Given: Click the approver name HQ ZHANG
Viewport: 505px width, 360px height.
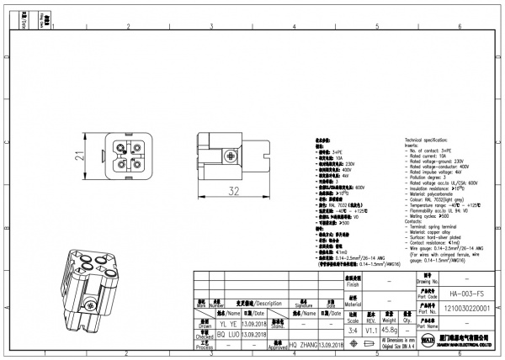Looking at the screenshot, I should click(303, 345).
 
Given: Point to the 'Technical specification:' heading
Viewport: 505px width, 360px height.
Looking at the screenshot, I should click(431, 139).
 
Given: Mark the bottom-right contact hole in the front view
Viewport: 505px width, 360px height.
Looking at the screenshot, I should click(120, 163).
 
